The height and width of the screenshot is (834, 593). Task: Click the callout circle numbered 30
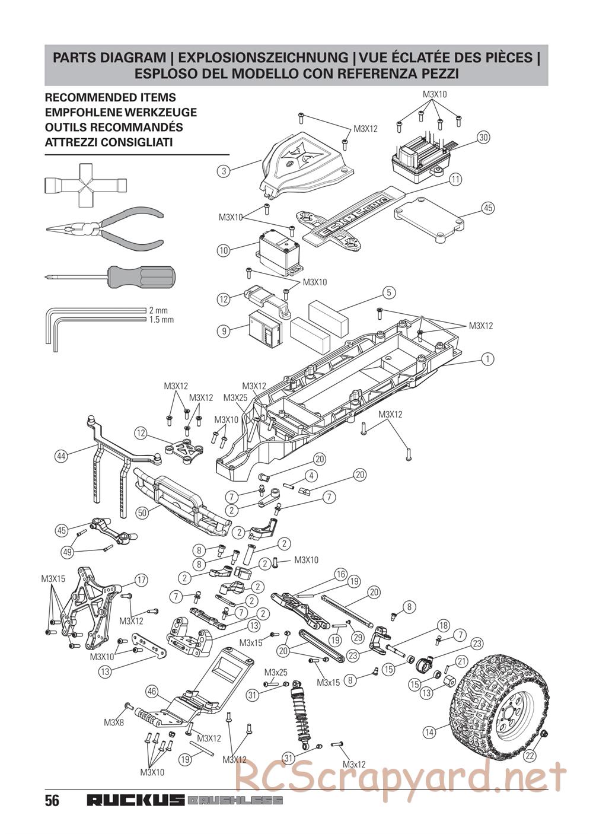point(483,138)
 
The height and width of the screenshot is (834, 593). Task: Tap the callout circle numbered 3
point(224,171)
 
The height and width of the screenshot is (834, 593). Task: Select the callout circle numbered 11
point(455,180)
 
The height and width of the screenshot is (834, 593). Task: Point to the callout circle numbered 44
point(62,456)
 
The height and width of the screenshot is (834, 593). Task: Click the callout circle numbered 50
point(142,513)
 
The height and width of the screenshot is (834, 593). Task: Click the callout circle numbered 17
point(141,580)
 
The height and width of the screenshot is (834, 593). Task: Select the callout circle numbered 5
point(389,292)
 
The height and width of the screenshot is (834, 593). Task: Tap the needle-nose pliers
point(104,230)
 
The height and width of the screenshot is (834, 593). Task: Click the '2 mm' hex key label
point(158,310)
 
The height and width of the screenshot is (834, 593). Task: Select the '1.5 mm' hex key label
point(161,320)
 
